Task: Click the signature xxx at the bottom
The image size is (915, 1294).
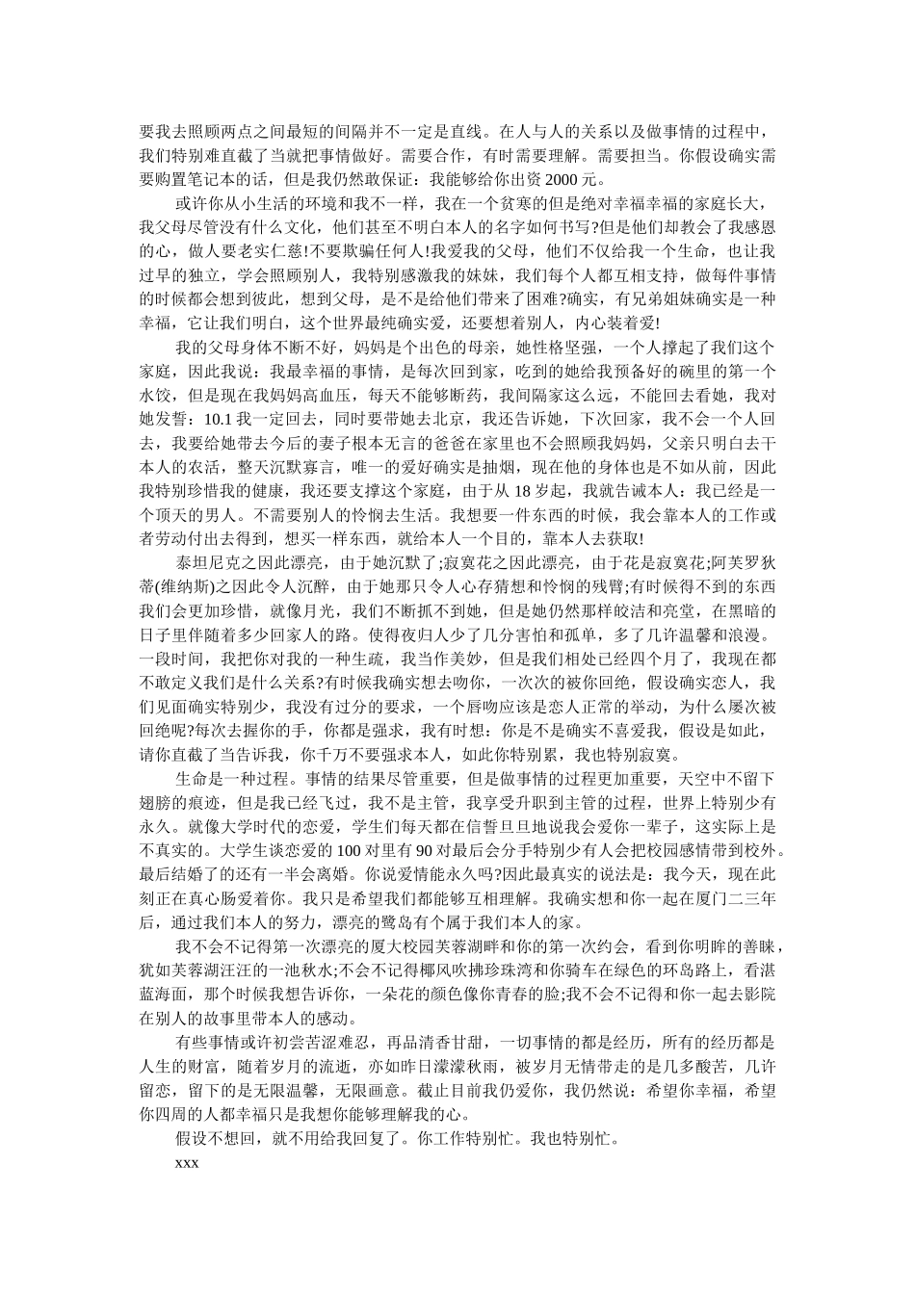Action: [x=187, y=1163]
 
